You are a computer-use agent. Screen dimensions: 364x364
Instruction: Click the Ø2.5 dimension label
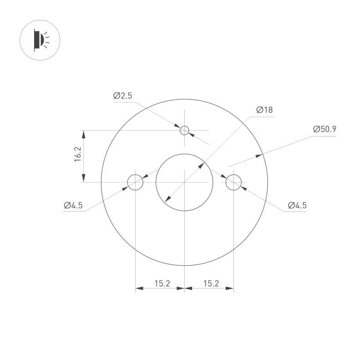click(x=122, y=96)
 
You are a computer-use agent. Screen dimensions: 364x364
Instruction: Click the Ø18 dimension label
click(x=264, y=110)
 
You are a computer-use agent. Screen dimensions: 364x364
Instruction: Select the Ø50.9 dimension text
click(x=324, y=129)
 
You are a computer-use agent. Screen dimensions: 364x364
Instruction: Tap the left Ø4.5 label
click(x=73, y=205)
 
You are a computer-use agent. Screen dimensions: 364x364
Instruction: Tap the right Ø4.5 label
click(x=297, y=205)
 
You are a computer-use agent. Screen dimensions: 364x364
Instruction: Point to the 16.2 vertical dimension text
click(x=77, y=155)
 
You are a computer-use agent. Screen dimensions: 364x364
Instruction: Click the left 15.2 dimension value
click(x=162, y=283)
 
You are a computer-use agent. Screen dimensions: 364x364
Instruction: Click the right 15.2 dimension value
click(x=210, y=283)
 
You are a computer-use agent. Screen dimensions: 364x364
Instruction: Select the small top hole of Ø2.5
click(x=184, y=131)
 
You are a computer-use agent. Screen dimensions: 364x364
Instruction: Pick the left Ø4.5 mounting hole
click(x=135, y=182)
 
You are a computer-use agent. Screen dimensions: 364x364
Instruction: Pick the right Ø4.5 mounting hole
click(x=233, y=182)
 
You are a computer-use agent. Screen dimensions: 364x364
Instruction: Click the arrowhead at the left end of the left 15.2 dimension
click(x=139, y=288)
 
